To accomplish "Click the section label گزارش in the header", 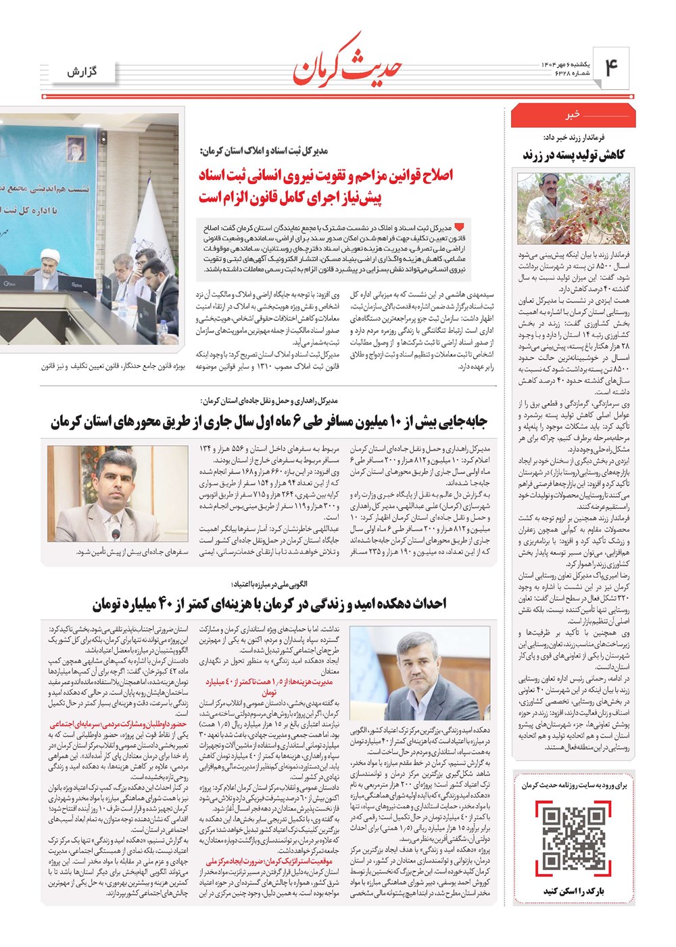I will pos(82,71).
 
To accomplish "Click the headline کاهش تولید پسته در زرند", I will pos(573,155).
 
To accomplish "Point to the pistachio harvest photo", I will pos(573,207).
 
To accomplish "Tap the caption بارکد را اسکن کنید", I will pos(573,891).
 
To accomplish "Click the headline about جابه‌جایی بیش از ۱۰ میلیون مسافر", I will pos(269,423).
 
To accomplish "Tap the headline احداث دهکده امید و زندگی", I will pos(269,603).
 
